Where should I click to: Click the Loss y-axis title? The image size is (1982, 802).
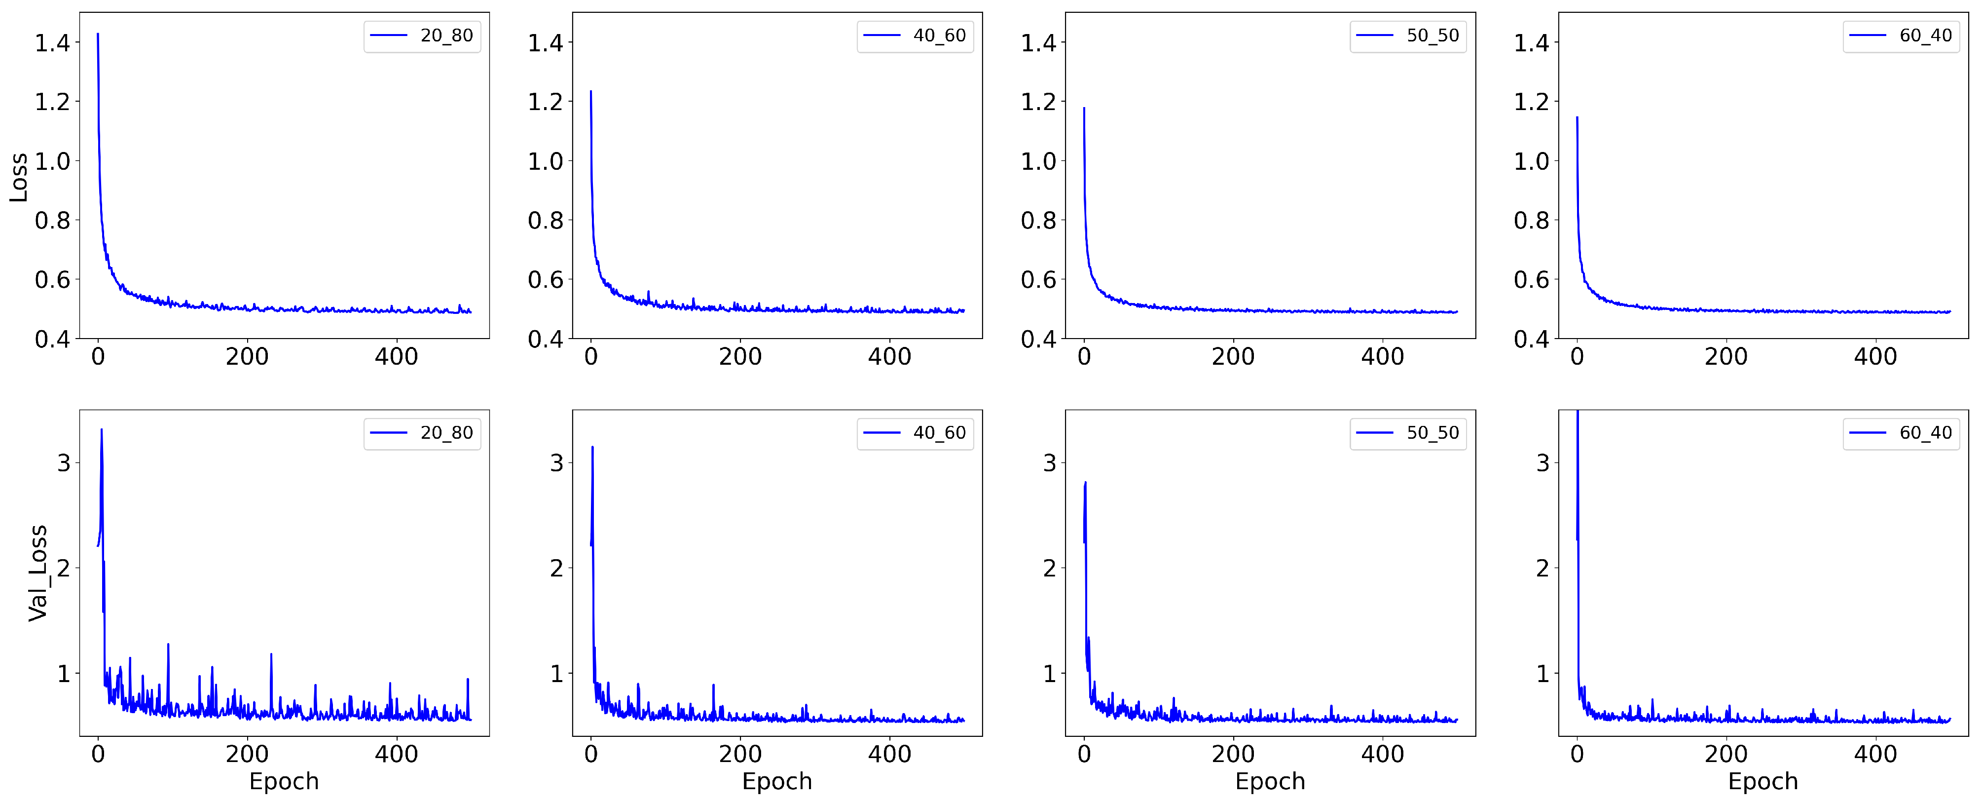click(x=18, y=177)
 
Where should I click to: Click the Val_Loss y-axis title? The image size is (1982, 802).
click(x=37, y=573)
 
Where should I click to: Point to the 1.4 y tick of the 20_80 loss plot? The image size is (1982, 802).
click(x=52, y=43)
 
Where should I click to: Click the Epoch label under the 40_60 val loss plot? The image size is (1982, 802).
click(x=776, y=781)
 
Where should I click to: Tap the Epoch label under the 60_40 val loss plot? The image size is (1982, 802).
click(x=1762, y=781)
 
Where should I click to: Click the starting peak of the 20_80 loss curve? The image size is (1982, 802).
click(x=98, y=35)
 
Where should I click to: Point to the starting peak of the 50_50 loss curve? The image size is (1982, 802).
click(x=1084, y=109)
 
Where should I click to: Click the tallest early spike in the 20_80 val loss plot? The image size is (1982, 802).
click(x=102, y=430)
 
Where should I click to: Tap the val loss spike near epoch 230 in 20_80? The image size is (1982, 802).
click(x=271, y=655)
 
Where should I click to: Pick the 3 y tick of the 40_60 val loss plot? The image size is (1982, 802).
click(x=556, y=463)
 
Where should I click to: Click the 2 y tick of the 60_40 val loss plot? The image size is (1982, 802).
click(x=1542, y=569)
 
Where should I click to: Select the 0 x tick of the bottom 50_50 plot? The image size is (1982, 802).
click(x=1084, y=754)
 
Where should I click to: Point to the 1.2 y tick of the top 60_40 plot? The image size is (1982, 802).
click(x=1531, y=102)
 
